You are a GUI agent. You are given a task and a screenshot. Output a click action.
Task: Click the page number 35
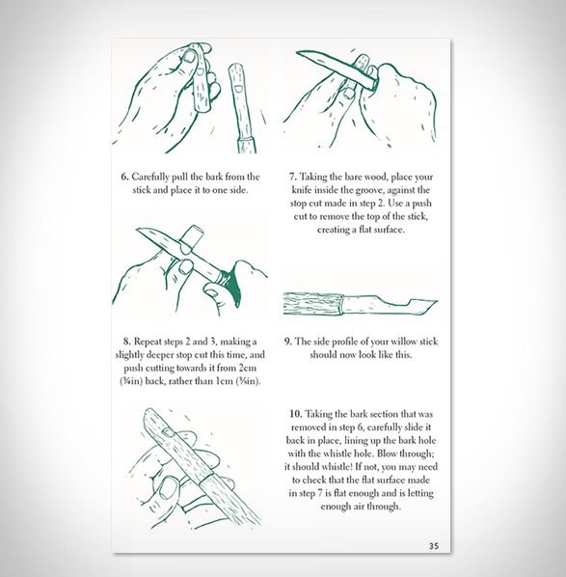click(x=434, y=546)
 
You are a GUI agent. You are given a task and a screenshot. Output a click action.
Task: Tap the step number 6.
click(x=124, y=177)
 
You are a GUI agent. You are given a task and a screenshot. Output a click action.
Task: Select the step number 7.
click(x=292, y=177)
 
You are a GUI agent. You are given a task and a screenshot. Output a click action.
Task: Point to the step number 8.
click(x=126, y=342)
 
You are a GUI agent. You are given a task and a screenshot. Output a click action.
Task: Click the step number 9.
click(x=288, y=342)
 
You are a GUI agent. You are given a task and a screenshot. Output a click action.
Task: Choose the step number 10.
click(x=295, y=414)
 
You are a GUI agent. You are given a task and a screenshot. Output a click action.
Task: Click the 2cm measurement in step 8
click(x=248, y=368)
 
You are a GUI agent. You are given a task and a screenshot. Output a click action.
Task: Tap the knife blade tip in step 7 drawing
click(x=297, y=53)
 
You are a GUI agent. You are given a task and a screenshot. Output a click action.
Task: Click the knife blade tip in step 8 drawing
click(x=137, y=230)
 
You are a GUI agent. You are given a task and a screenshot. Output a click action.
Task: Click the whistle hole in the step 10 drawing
click(x=169, y=432)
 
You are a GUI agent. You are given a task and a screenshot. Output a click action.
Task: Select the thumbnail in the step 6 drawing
click(x=190, y=56)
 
